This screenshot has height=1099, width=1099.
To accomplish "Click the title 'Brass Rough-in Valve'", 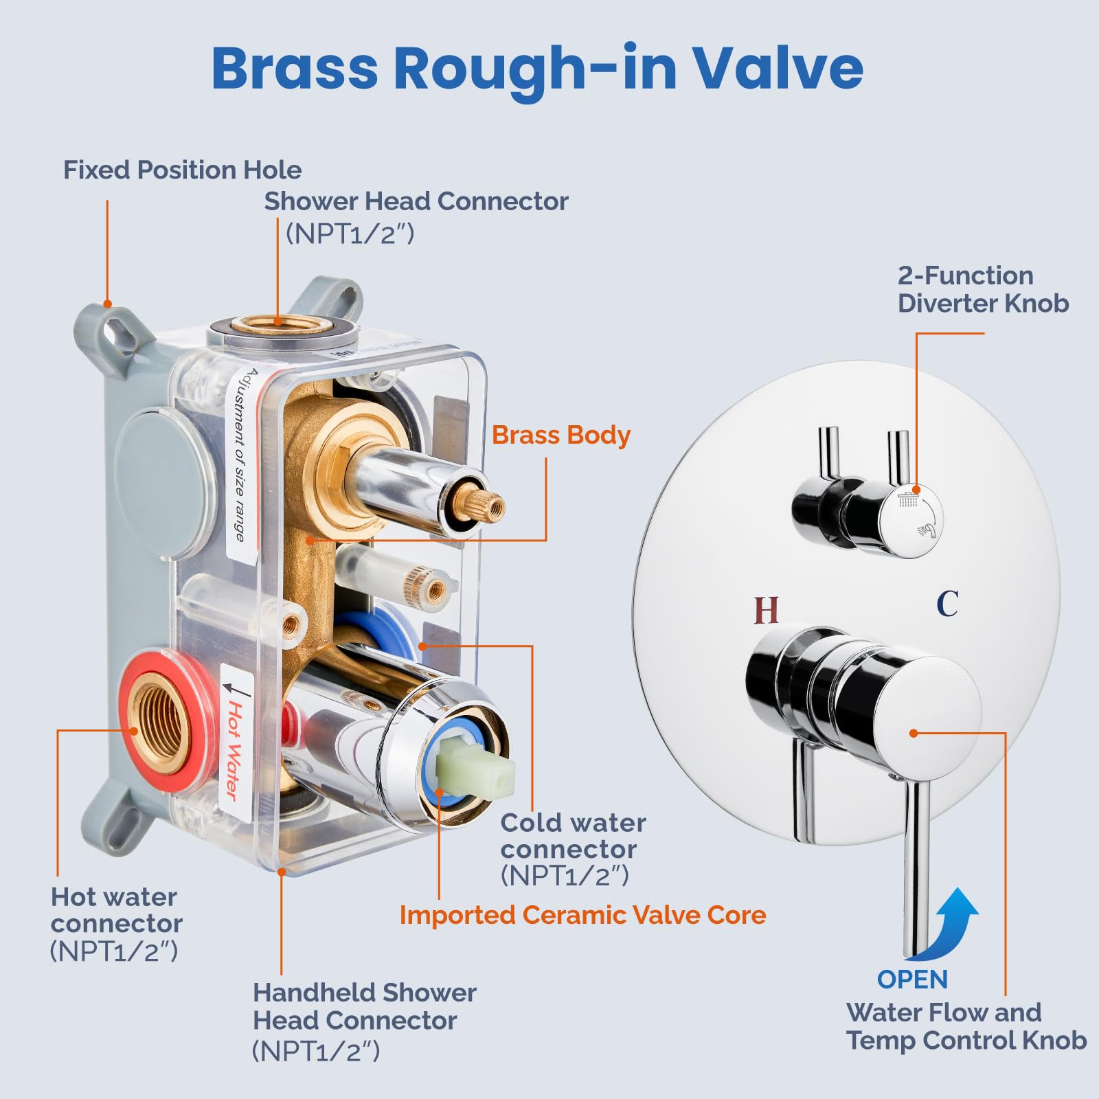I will coord(537,69).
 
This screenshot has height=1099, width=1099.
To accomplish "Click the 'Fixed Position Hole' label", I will coord(182,170).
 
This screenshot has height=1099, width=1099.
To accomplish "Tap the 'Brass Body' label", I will coord(561,435).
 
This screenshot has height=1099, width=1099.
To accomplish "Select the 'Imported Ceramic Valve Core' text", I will coord(582,915).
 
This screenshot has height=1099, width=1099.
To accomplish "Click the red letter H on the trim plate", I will coord(766,610).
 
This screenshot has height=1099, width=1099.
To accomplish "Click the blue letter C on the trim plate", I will coord(947,604).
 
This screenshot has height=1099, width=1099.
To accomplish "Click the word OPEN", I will coord(912,979).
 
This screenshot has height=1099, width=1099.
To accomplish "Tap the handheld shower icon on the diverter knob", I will coord(926,530).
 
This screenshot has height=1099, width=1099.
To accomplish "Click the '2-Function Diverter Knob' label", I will coord(982,289).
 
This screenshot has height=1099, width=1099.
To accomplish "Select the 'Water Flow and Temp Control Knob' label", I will coord(965,1026).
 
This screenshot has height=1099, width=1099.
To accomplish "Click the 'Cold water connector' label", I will coord(573,836).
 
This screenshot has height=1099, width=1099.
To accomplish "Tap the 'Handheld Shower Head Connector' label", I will coord(364,1006).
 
